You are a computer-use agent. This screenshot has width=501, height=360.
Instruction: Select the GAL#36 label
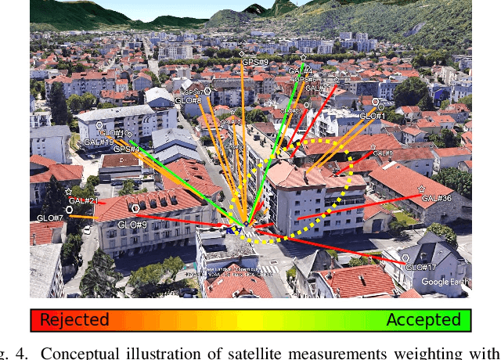point(436,198)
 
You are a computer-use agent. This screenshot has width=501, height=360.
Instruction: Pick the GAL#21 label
point(83,201)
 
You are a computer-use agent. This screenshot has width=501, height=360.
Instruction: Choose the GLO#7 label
point(50,217)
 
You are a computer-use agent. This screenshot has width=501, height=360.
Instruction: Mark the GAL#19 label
point(98,142)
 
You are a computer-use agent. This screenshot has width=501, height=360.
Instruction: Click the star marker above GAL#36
point(422,189)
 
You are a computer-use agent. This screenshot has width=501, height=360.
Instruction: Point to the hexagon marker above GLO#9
point(136,208)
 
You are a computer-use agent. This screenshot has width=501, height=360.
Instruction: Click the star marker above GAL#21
point(69,191)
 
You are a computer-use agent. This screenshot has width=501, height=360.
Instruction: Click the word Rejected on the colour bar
point(74,319)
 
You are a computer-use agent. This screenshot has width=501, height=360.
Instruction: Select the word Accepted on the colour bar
point(424,319)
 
